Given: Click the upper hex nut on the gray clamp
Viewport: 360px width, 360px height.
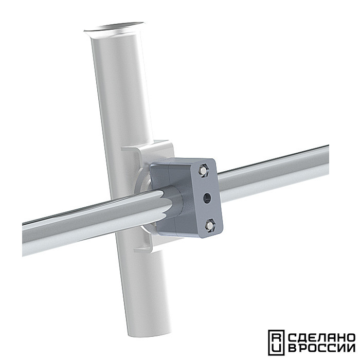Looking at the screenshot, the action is [203, 170].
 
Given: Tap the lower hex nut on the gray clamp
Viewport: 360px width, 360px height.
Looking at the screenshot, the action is [210, 225].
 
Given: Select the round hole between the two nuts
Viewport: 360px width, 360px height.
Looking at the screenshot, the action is [207, 198].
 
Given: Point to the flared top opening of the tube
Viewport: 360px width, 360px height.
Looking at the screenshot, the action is [114, 28].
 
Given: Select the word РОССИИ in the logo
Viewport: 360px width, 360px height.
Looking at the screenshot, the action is [326, 348].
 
